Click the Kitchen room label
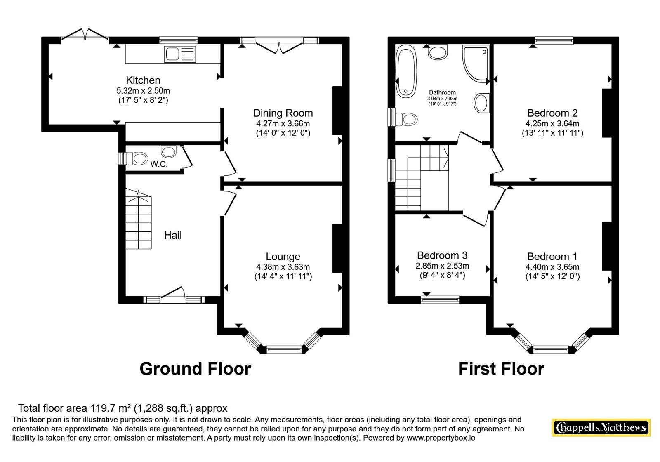143,80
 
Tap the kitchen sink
180,54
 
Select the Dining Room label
283,113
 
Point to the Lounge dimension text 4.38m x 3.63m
283,267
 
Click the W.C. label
159,164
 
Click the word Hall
173,235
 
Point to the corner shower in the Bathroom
476,63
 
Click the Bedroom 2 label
552,113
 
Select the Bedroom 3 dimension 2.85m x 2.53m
442,266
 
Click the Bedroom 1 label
552,257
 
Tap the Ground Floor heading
196,369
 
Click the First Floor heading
502,369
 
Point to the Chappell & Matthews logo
601,427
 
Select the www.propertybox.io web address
441,438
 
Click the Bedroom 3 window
440,299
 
